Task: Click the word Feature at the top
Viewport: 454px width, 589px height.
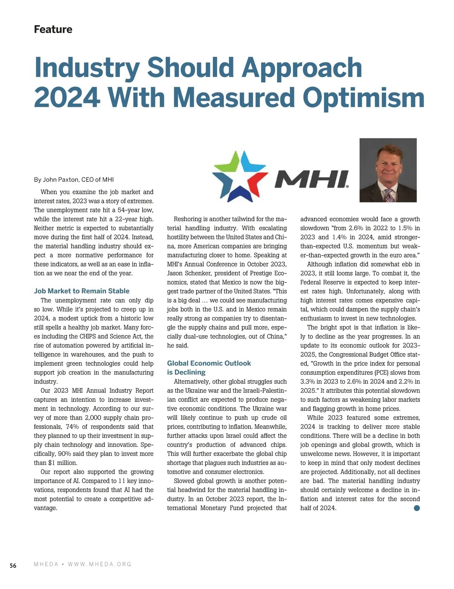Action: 53,29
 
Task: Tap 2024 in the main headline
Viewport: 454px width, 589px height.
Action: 67,98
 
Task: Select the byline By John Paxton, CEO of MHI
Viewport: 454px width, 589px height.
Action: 74,180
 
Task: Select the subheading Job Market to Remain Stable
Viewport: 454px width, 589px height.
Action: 82,291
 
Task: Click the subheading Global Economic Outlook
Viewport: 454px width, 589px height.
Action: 209,363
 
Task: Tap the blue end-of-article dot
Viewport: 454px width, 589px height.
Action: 417,508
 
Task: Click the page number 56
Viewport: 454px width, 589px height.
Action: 13,566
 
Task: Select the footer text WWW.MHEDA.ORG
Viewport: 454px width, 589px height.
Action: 100,564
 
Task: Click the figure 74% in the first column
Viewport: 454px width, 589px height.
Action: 72,427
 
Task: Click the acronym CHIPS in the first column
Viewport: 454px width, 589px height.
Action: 89,336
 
